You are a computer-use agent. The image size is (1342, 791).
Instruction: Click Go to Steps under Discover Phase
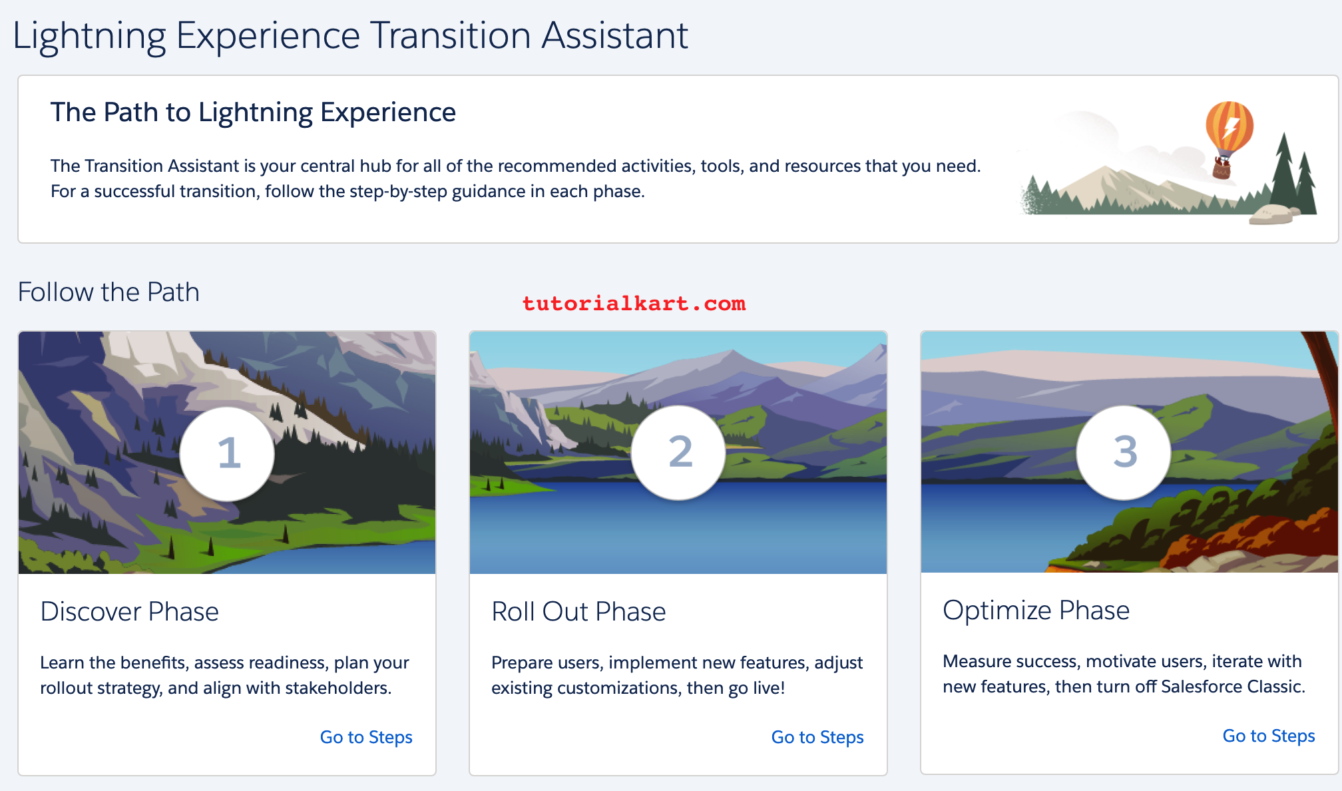click(x=366, y=737)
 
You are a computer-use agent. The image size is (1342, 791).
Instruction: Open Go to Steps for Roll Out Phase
click(x=817, y=737)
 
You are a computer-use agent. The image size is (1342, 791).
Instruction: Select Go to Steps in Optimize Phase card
click(x=1269, y=736)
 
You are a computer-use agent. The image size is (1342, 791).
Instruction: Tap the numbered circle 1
click(x=227, y=453)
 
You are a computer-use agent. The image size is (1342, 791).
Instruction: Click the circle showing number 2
click(x=678, y=452)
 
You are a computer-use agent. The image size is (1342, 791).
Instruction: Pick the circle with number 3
click(x=1124, y=452)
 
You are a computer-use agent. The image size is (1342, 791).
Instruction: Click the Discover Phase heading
click(x=129, y=611)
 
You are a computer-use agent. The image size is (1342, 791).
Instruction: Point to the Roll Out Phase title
click(x=578, y=611)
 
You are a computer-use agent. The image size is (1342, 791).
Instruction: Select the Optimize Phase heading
click(x=1036, y=611)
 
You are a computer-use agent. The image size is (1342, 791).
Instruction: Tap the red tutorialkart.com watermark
click(x=634, y=304)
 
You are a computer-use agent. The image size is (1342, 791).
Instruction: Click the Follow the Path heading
click(x=109, y=292)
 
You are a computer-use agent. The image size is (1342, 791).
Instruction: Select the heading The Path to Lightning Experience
click(x=253, y=113)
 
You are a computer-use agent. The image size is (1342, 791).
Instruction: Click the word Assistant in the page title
click(x=614, y=35)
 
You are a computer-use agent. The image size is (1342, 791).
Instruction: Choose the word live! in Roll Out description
click(x=769, y=688)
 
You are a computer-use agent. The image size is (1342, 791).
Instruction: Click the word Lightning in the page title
click(x=89, y=37)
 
